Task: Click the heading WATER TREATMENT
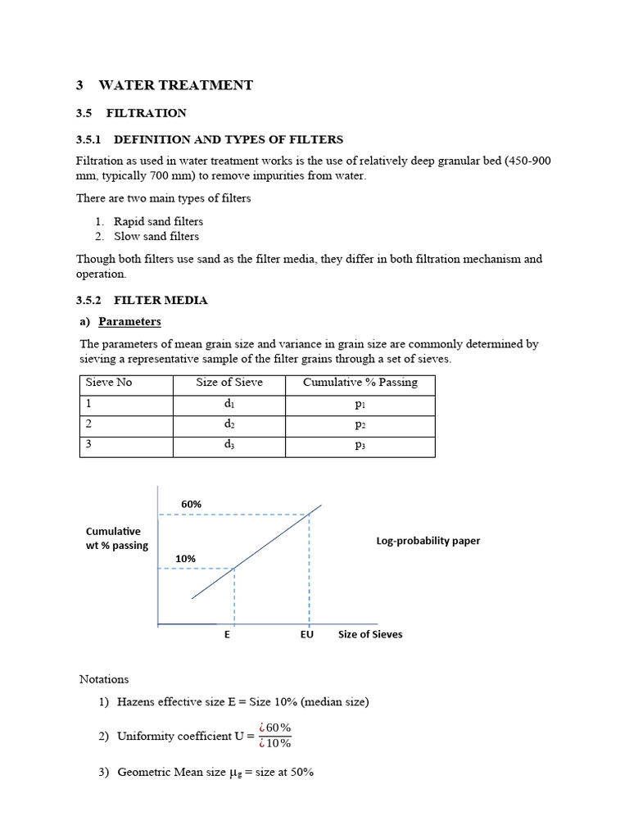(x=175, y=85)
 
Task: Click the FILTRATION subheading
(x=146, y=113)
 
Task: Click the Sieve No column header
(x=109, y=383)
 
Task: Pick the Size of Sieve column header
(x=229, y=383)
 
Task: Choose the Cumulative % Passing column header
(x=360, y=383)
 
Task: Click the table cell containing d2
(x=229, y=424)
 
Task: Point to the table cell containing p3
(x=360, y=446)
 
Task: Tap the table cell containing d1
(x=229, y=404)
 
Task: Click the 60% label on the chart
(x=191, y=504)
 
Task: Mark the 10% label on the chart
(x=185, y=558)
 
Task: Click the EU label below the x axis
(x=307, y=634)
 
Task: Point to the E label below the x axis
(x=227, y=634)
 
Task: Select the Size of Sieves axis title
(x=370, y=634)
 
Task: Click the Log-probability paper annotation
(x=428, y=541)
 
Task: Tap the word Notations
(x=104, y=679)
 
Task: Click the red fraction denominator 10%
(x=274, y=744)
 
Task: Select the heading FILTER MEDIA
(x=161, y=300)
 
